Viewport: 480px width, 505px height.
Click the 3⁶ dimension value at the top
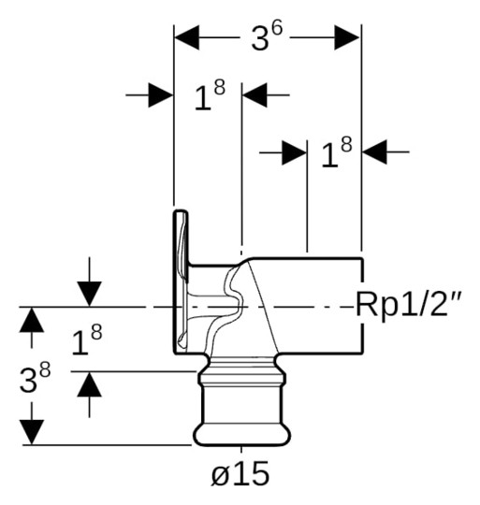coord(267,37)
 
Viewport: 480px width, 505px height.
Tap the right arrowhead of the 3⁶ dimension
coord(348,38)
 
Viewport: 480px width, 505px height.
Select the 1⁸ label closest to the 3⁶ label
coord(209,96)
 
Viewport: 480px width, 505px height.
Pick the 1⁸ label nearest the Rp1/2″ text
coord(336,153)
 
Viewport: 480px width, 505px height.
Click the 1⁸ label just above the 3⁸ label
coord(87,342)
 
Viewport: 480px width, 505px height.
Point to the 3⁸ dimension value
coord(36,379)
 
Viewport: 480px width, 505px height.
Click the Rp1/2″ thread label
coord(410,305)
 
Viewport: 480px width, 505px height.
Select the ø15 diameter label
coord(240,473)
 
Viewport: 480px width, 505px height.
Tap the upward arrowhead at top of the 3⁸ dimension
coord(32,319)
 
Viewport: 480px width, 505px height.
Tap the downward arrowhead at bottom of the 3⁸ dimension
coord(32,431)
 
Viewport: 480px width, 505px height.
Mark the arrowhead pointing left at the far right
coord(375,152)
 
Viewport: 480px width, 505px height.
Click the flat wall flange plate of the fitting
coord(179,281)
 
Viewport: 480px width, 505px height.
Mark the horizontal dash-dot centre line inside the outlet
coord(309,306)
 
